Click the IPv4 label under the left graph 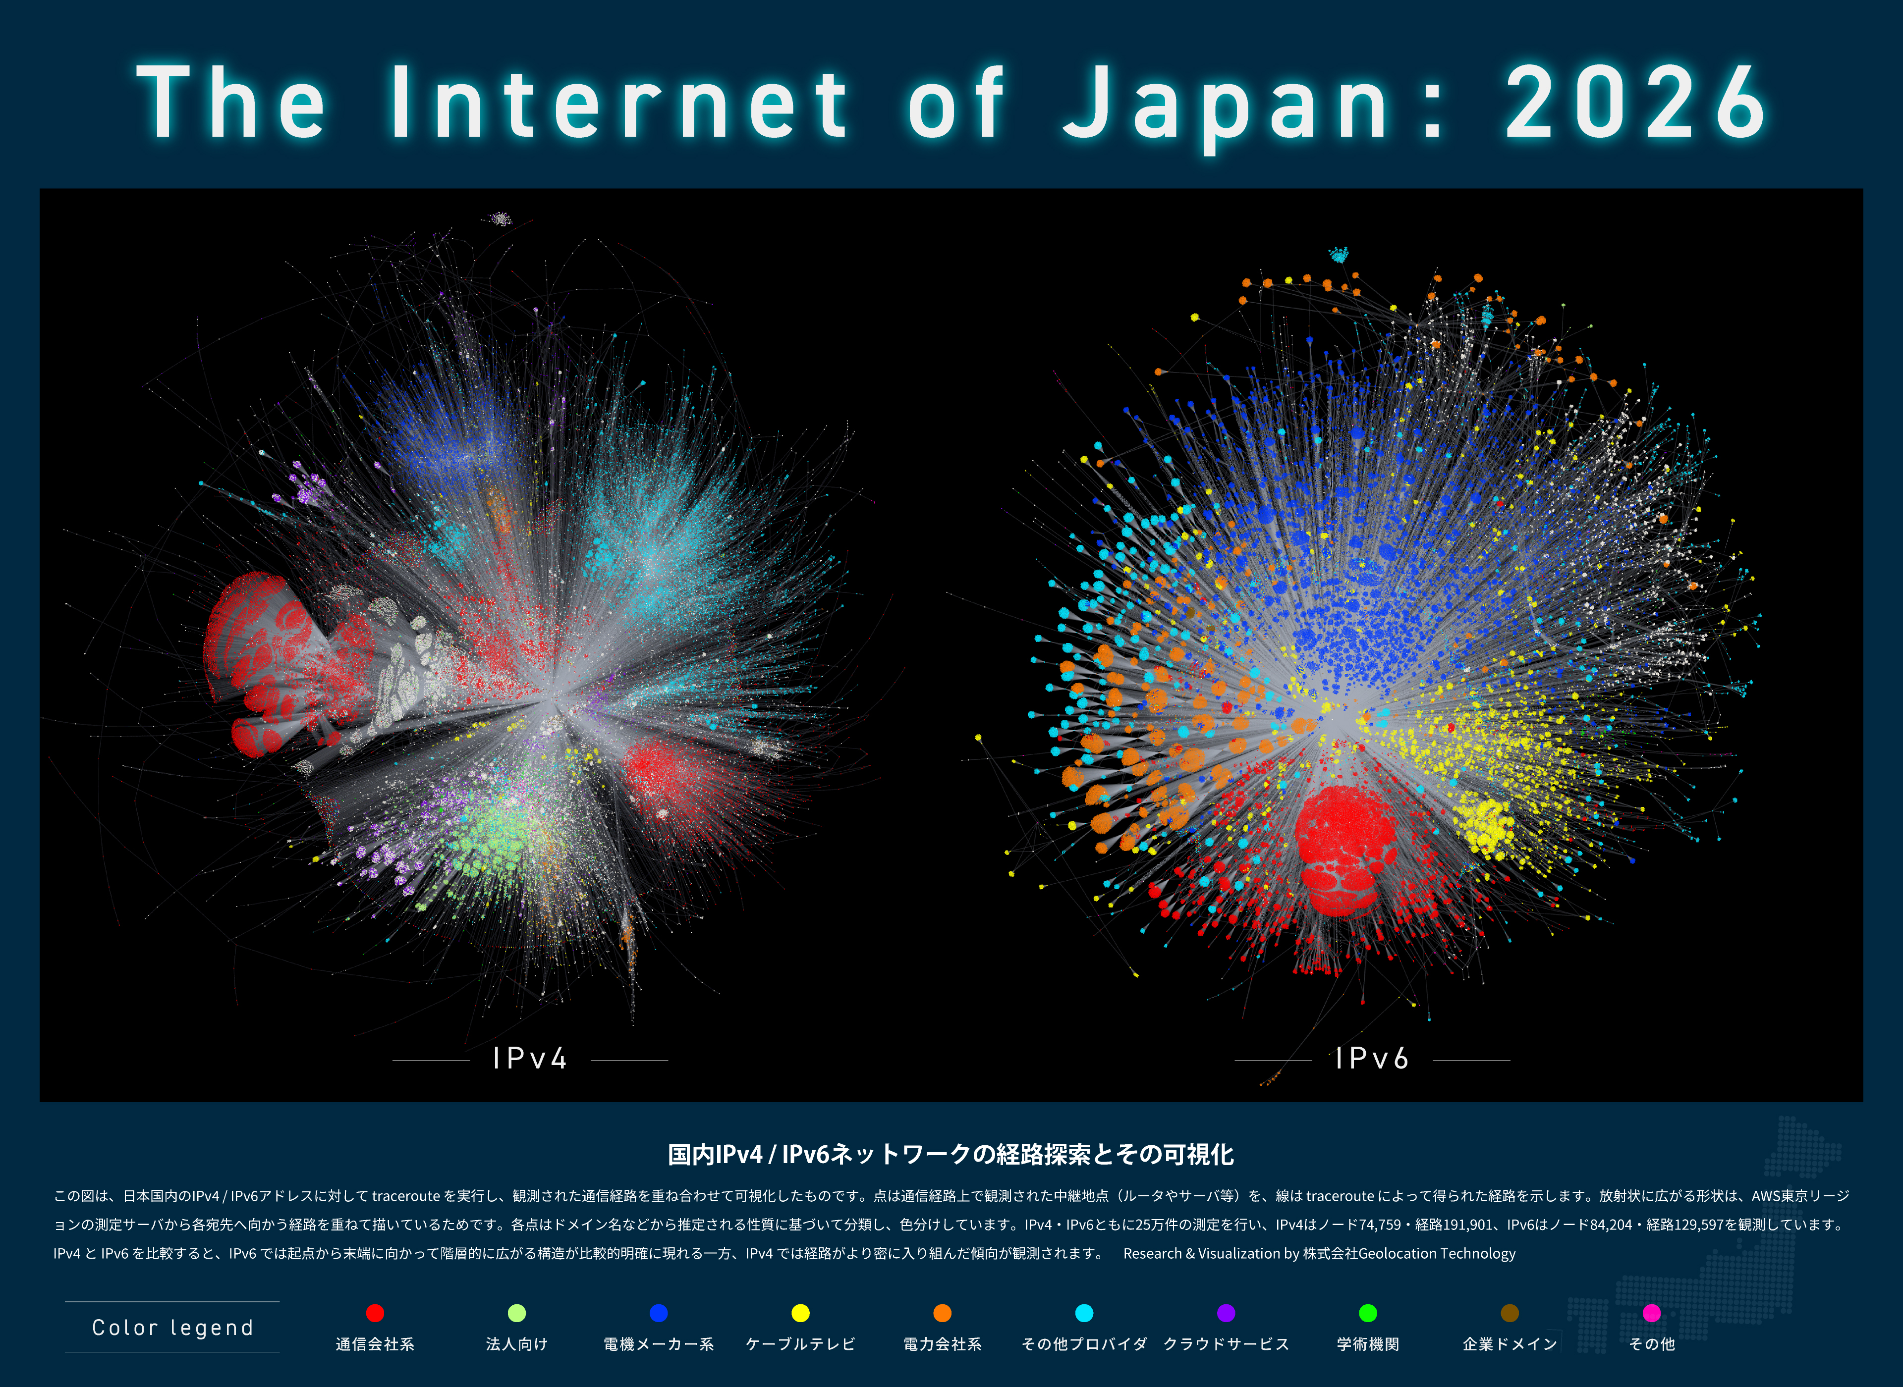pyautogui.click(x=530, y=1059)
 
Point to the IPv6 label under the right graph pyautogui.click(x=1372, y=1059)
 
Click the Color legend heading pyautogui.click(x=172, y=1328)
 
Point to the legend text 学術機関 pyautogui.click(x=1368, y=1344)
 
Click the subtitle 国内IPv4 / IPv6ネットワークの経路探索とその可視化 pyautogui.click(x=951, y=1155)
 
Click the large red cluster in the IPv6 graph pyautogui.click(x=1343, y=848)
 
